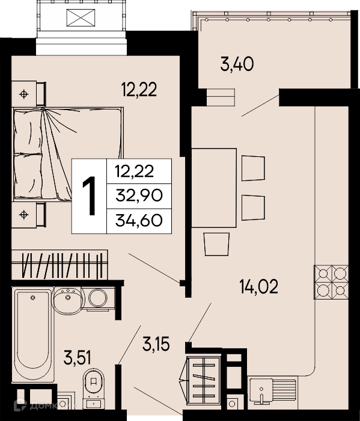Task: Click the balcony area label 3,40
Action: [x=237, y=64]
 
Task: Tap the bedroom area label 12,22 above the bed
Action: [x=139, y=90]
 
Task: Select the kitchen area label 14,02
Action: [x=259, y=286]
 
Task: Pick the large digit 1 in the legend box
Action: [x=90, y=196]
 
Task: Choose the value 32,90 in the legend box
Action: [x=139, y=195]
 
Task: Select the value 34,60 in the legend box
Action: [x=139, y=221]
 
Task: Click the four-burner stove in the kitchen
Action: [x=331, y=282]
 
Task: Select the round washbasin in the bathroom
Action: [x=68, y=300]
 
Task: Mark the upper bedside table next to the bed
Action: [x=28, y=93]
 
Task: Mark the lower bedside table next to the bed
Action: [x=28, y=215]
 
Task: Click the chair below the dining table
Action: [x=216, y=244]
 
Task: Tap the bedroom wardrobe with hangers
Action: [x=59, y=265]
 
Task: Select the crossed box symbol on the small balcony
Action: [x=81, y=17]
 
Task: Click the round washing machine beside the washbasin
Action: [x=98, y=298]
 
